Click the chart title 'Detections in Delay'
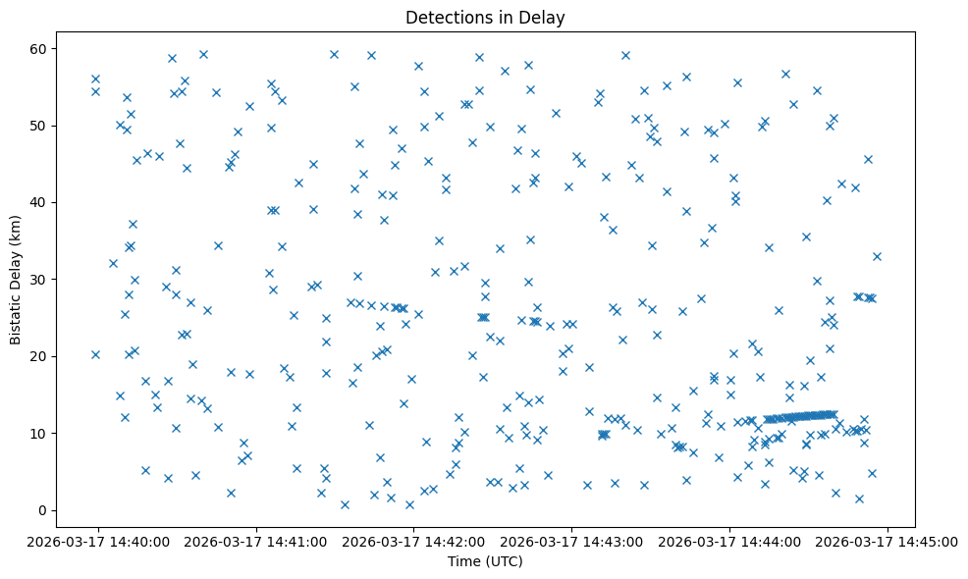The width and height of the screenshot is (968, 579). click(485, 18)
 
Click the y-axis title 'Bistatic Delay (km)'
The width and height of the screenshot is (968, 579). click(16, 281)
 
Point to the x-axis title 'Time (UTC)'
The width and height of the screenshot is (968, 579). click(485, 561)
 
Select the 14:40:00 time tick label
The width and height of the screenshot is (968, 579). click(98, 542)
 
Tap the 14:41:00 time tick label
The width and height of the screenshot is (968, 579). click(256, 542)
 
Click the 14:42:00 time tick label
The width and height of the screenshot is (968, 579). click(414, 542)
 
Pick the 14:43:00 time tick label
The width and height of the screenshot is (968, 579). click(572, 542)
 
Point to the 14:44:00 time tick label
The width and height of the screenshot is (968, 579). click(730, 542)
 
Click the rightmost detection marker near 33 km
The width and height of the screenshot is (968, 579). click(877, 256)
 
